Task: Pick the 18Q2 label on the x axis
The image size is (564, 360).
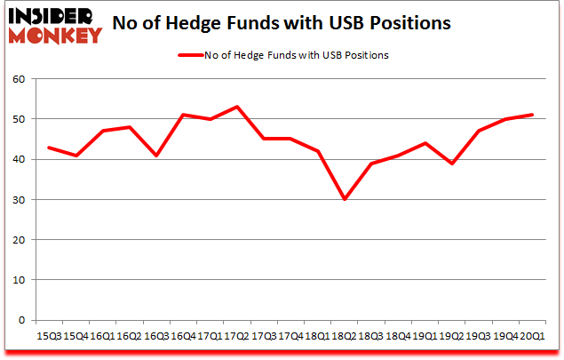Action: coord(345,336)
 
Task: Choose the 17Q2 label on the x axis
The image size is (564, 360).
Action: coord(237,336)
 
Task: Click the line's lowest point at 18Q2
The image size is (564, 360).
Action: coord(346,199)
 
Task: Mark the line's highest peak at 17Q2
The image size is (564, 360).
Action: coord(238,107)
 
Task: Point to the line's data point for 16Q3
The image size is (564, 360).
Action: coord(157,156)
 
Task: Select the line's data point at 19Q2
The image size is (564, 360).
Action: coord(453,164)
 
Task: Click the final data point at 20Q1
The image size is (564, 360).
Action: coord(534,115)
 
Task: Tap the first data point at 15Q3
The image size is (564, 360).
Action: coord(49,147)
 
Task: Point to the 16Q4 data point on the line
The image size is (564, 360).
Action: coord(184,115)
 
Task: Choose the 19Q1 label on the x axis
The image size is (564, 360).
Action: coord(426,336)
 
